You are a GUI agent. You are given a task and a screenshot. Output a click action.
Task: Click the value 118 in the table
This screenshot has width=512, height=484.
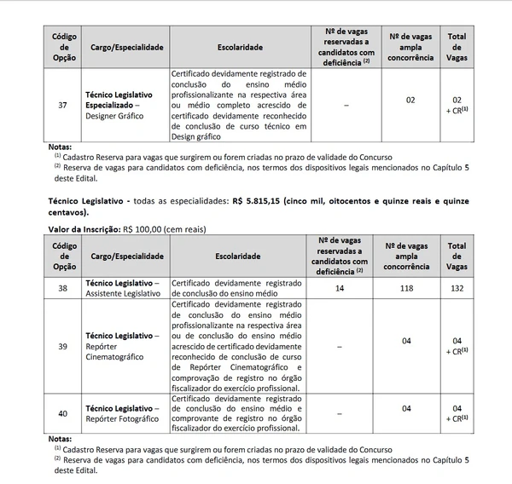pos(410,287)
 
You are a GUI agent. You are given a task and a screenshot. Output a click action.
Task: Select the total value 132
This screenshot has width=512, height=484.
pos(457,287)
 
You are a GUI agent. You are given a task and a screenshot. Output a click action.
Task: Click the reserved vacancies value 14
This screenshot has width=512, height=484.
pos(343,287)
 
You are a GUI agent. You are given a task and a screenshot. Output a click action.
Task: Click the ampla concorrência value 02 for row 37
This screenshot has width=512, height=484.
pos(410,101)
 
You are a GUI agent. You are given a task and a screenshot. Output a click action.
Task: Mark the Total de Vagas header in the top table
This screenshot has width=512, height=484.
pos(457,47)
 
